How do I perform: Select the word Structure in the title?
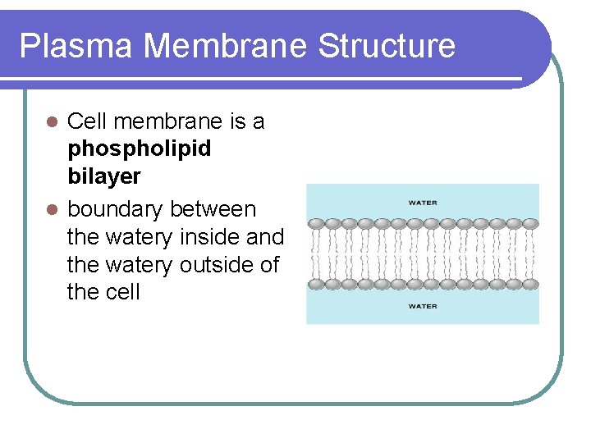click(x=386, y=46)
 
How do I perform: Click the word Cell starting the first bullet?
click(x=87, y=121)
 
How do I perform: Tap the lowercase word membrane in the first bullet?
click(x=169, y=121)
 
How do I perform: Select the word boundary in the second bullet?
click(x=115, y=210)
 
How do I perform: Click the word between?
click(x=213, y=210)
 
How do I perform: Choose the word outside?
click(x=219, y=266)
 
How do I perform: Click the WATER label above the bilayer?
click(x=423, y=203)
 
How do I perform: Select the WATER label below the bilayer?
click(x=423, y=306)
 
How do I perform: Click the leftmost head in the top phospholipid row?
click(x=316, y=223)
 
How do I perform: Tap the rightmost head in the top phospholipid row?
click(x=530, y=223)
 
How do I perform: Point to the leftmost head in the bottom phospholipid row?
click(x=316, y=284)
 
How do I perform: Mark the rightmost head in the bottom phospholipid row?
click(x=530, y=284)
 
